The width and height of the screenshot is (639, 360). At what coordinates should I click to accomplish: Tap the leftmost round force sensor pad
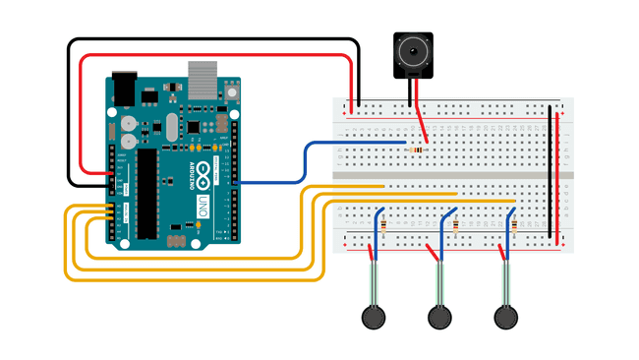point(372,317)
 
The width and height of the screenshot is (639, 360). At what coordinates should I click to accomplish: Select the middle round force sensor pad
point(439,317)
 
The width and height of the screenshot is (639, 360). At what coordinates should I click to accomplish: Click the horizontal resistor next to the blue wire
point(421,150)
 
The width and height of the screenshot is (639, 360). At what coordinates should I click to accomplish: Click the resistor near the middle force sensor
point(456,227)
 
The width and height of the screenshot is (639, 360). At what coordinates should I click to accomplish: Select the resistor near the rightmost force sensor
point(514,227)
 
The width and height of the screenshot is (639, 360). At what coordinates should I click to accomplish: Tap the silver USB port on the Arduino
point(203,78)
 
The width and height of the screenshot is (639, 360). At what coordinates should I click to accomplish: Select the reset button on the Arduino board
point(231,91)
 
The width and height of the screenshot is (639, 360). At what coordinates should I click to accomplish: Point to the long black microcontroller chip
point(147,195)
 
